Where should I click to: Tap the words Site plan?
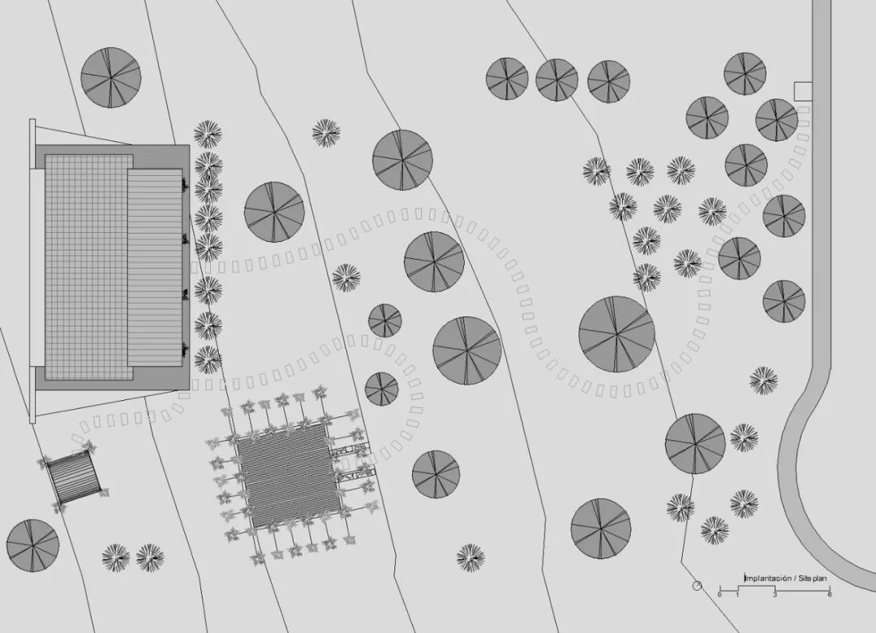point(812,579)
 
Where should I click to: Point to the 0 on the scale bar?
point(719,594)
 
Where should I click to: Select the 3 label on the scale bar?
point(775,594)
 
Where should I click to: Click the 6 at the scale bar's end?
point(830,594)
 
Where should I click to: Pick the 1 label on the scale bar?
point(737,594)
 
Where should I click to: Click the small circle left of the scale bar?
point(697,585)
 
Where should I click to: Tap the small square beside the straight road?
point(803,91)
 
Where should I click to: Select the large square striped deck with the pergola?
point(289,476)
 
